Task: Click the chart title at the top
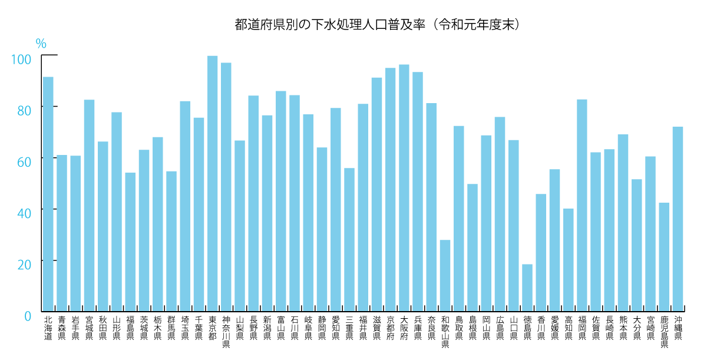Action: (377, 25)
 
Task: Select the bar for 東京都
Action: (213, 183)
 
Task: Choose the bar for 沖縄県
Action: (678, 218)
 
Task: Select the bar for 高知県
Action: (569, 259)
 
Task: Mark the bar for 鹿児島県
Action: (664, 256)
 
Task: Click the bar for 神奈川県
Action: (226, 186)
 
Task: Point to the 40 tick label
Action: (23, 213)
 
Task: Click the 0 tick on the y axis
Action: (27, 316)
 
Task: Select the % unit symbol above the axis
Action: (41, 44)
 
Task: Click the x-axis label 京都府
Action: (391, 328)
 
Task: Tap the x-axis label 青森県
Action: (62, 328)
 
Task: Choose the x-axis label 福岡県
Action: (582, 328)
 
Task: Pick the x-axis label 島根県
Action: (473, 328)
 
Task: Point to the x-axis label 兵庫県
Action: (418, 328)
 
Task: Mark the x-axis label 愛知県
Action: (336, 328)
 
